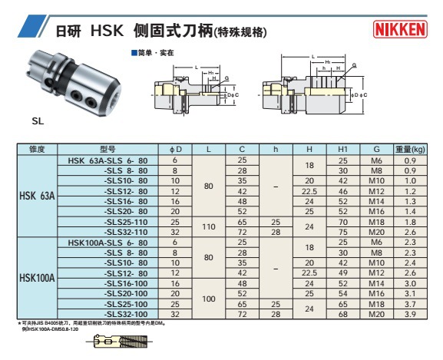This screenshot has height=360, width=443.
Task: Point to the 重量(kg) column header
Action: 410,148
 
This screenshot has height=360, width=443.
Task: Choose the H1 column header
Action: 343,148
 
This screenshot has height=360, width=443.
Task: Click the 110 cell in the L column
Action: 209,227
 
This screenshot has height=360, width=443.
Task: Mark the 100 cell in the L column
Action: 209,299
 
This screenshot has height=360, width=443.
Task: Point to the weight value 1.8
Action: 410,222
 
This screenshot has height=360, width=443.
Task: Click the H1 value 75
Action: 343,232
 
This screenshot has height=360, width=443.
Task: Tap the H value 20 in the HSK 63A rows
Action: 309,180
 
